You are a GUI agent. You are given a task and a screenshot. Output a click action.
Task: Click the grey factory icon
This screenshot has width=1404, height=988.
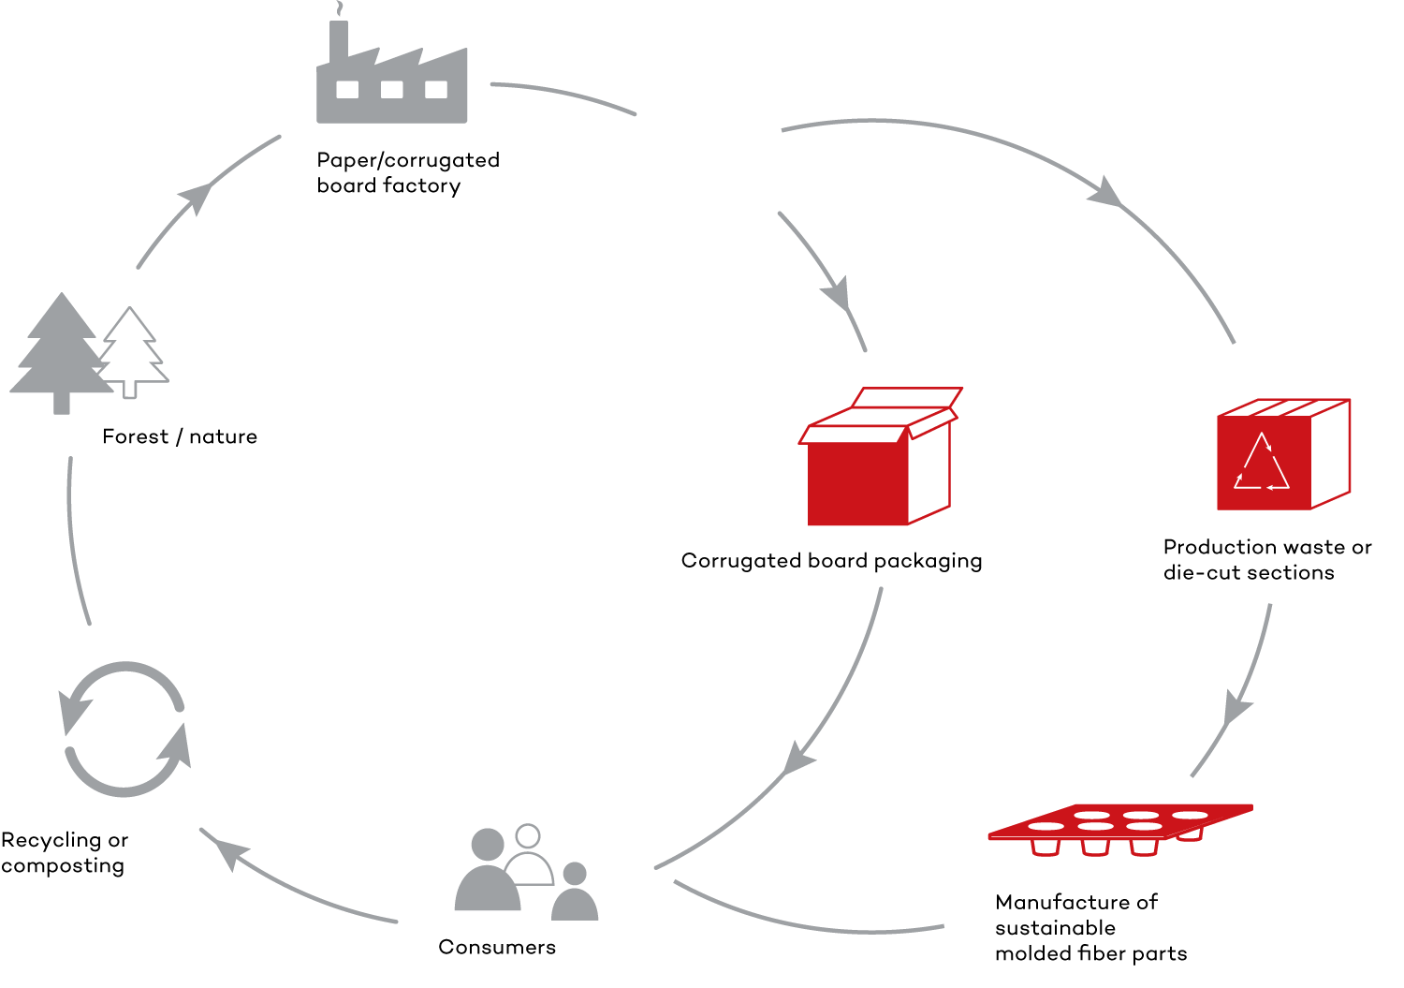click(392, 70)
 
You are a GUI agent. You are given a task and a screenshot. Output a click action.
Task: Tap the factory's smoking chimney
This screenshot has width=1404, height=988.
click(339, 37)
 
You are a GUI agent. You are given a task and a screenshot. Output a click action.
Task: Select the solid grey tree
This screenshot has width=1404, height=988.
click(62, 352)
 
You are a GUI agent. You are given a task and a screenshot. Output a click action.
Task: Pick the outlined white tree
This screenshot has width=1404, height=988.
click(132, 351)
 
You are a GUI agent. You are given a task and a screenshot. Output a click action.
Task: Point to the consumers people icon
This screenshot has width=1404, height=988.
click(526, 872)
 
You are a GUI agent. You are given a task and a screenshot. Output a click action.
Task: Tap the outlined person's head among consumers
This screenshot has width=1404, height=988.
click(528, 835)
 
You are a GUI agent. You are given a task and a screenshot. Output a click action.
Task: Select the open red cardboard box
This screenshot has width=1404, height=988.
click(880, 456)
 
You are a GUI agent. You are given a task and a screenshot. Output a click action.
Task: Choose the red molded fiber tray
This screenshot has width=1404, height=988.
click(1120, 829)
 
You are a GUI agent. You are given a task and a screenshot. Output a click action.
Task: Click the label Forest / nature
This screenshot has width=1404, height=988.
click(180, 436)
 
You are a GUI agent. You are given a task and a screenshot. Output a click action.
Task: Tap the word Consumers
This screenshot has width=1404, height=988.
click(497, 947)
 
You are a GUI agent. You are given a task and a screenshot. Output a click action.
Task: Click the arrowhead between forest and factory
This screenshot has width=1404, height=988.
click(197, 197)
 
